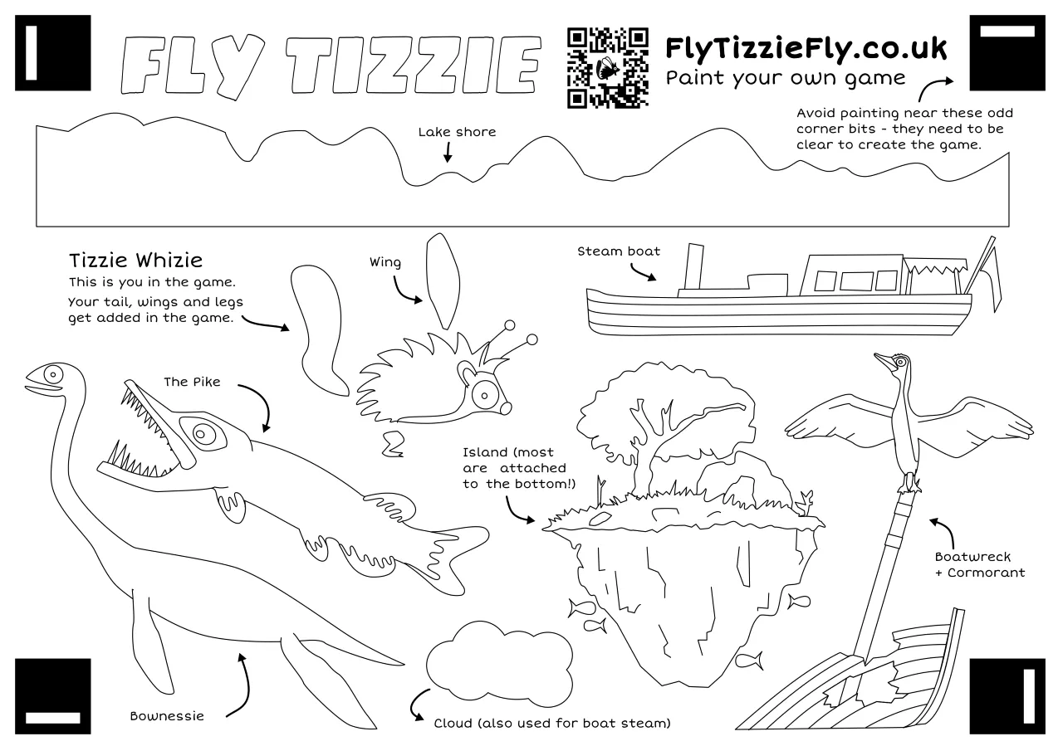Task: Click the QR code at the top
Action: pyautogui.click(x=607, y=68)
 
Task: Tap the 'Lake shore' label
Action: pyautogui.click(x=457, y=132)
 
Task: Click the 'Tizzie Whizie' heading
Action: pyautogui.click(x=135, y=261)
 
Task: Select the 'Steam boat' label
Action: pyautogui.click(x=619, y=251)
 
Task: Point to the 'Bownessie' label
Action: pyautogui.click(x=167, y=715)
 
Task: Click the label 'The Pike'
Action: pyautogui.click(x=192, y=382)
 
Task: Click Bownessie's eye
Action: pyautogui.click(x=54, y=373)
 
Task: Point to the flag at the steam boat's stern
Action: pyautogui.click(x=989, y=274)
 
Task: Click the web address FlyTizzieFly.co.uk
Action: pyautogui.click(x=806, y=49)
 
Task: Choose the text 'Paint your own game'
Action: pyautogui.click(x=786, y=78)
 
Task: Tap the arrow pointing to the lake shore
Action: pyautogui.click(x=448, y=152)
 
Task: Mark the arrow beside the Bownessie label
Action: pyautogui.click(x=240, y=685)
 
